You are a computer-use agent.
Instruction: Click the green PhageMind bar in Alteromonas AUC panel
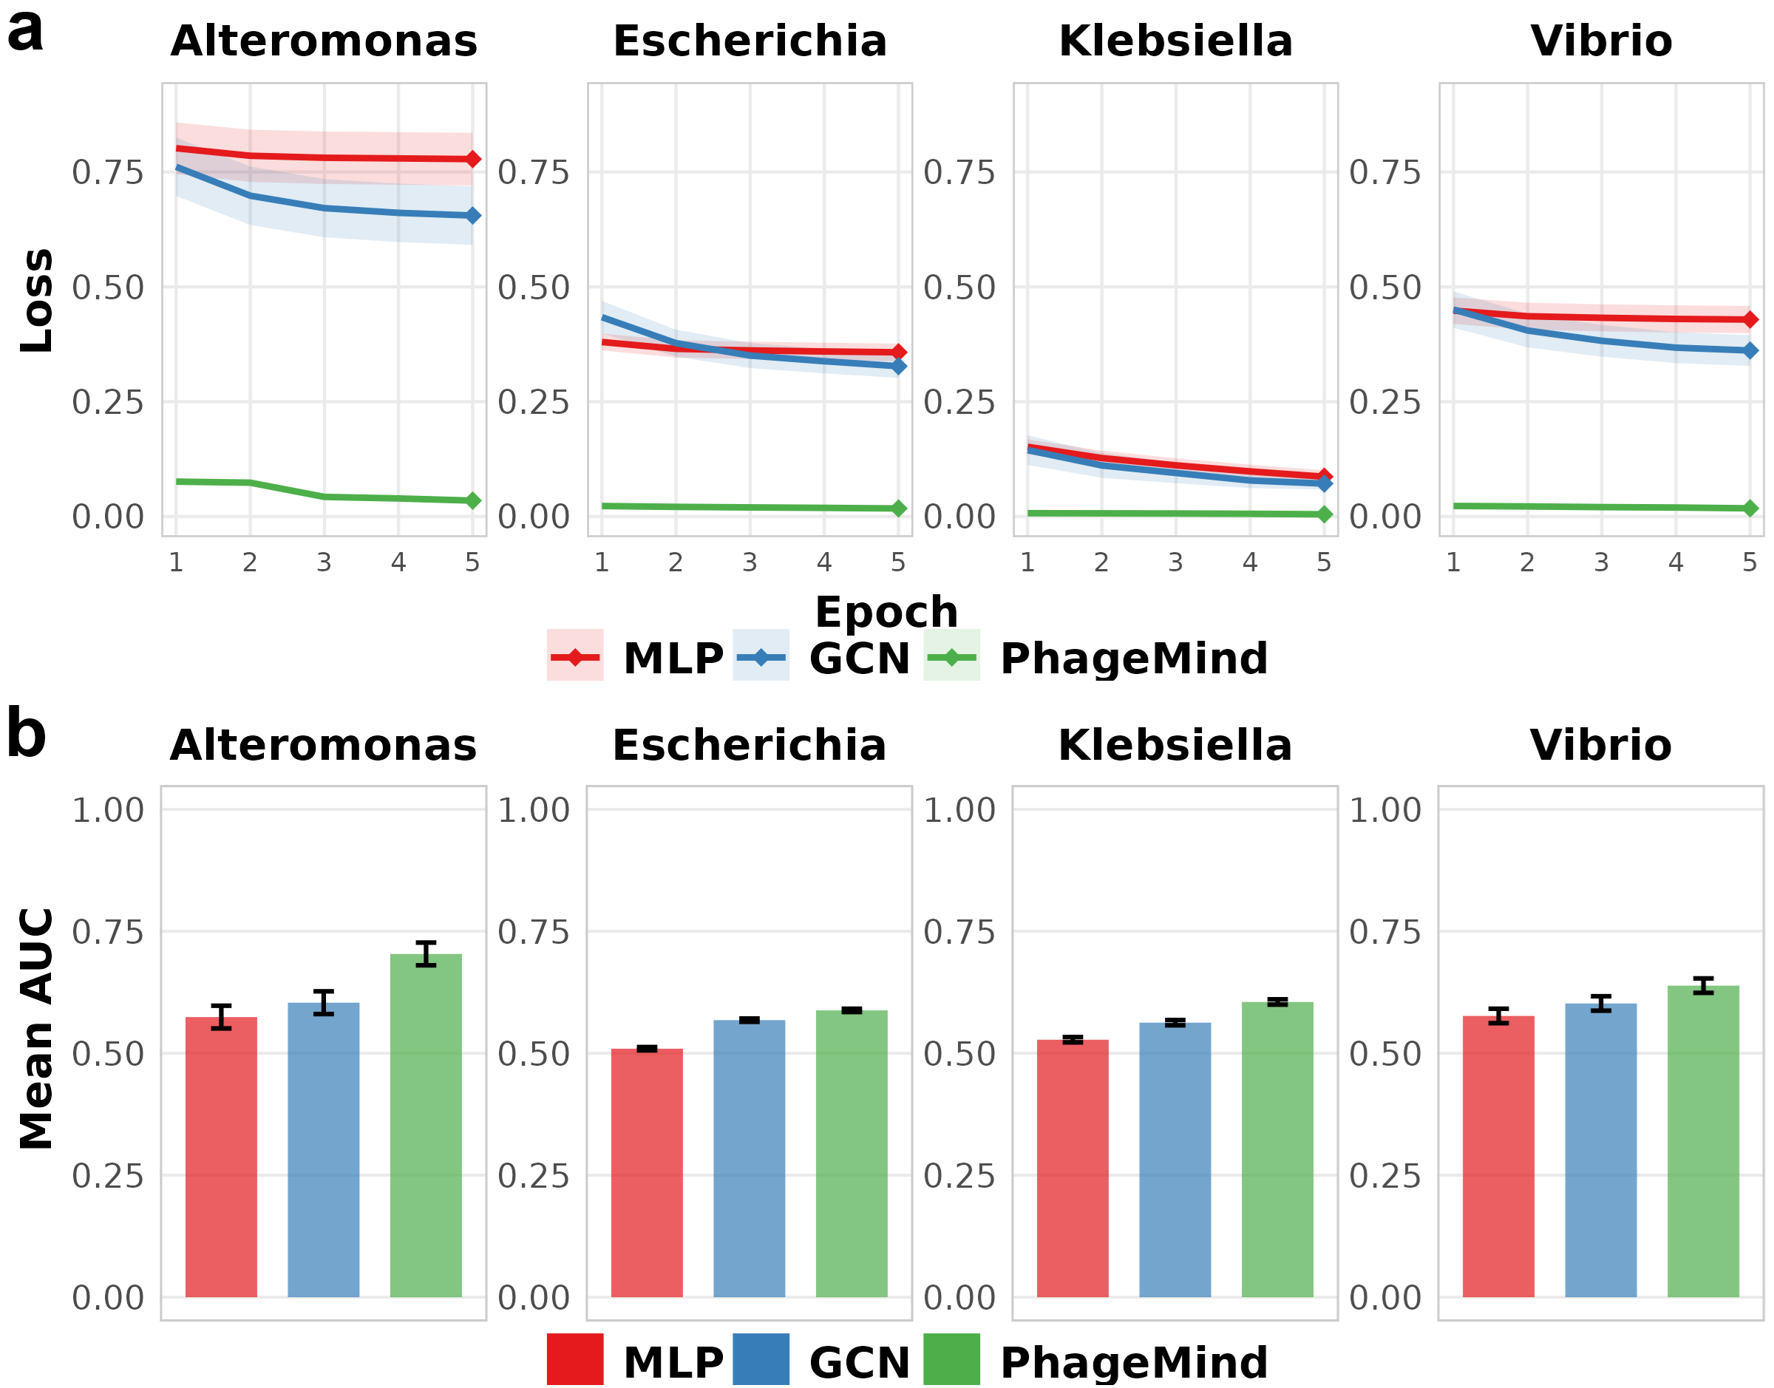[x=426, y=1126]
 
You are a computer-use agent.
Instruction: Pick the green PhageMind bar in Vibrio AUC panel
[x=1703, y=1142]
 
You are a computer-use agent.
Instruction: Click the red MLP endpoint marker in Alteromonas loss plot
[x=473, y=160]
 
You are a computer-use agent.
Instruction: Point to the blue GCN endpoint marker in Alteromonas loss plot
[x=473, y=215]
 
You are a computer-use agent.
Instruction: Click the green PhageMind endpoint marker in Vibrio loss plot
[x=1750, y=508]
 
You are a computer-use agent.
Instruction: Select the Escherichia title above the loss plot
[x=750, y=41]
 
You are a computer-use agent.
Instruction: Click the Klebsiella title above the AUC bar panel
[x=1175, y=745]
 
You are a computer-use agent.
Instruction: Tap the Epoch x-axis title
[x=886, y=611]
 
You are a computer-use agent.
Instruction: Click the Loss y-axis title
[x=36, y=301]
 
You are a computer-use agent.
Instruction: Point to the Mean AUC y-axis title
[x=36, y=1029]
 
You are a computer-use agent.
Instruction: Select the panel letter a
[x=25, y=33]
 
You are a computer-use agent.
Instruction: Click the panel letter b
[x=26, y=733]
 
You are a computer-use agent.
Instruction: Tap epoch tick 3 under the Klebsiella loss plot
[x=1175, y=562]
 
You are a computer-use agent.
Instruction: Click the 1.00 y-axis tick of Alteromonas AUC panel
[x=108, y=810]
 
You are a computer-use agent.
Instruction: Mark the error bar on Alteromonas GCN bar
[x=324, y=1002]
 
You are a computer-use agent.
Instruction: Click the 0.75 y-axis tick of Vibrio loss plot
[x=1385, y=172]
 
